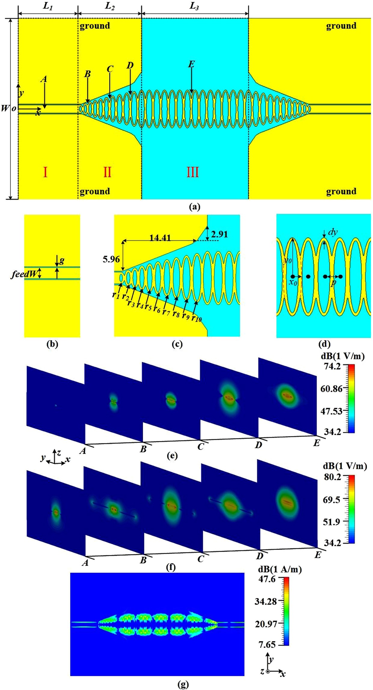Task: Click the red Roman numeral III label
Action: [x=193, y=172]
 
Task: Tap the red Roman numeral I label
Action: [x=45, y=172]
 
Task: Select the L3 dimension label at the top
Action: [x=194, y=6]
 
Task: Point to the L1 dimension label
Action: [x=47, y=6]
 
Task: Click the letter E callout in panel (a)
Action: [x=191, y=64]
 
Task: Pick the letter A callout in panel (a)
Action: [x=44, y=79]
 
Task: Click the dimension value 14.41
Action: [x=160, y=238]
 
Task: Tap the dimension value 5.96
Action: [x=111, y=259]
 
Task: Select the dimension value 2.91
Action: [x=219, y=234]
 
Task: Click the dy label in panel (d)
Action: [x=333, y=232]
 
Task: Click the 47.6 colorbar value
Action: [x=267, y=579]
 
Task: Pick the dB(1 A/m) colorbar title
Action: [x=280, y=569]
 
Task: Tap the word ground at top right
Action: [x=341, y=26]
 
